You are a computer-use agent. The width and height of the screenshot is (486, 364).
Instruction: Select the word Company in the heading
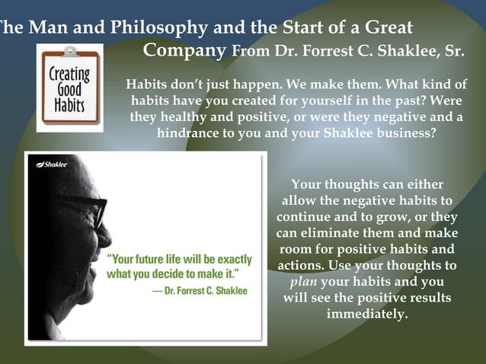point(185,52)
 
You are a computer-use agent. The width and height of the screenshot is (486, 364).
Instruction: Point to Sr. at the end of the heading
point(453,53)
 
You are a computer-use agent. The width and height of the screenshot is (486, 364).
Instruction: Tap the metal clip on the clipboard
point(70,53)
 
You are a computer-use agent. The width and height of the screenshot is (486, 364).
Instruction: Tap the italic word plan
point(305,282)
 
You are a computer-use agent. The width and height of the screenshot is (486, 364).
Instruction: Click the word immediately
point(367,314)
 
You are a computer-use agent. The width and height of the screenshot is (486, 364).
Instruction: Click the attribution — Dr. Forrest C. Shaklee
point(200,291)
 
